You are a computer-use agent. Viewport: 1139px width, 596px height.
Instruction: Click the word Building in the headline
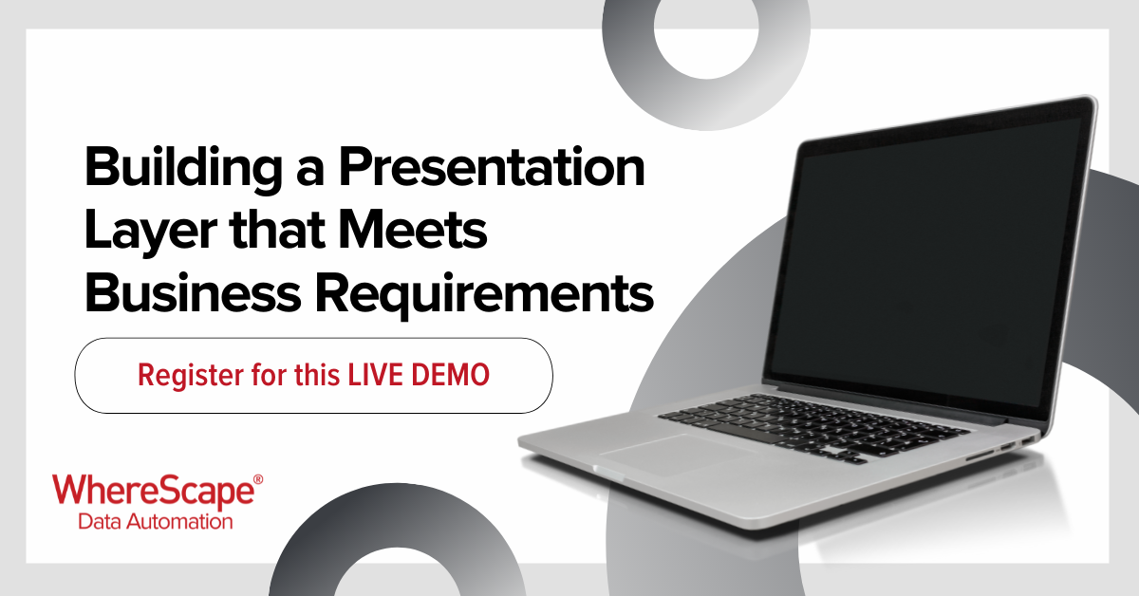tap(183, 169)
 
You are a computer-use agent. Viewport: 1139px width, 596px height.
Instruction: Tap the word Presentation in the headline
tap(492, 167)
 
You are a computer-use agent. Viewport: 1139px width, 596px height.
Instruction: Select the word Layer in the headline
tap(151, 232)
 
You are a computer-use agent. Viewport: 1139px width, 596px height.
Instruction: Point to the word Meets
tap(412, 230)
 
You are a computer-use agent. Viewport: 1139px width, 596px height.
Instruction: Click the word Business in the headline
tap(193, 293)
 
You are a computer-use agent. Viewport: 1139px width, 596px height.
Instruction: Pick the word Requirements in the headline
tap(484, 296)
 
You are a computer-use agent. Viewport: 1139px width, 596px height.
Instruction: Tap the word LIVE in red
tap(375, 375)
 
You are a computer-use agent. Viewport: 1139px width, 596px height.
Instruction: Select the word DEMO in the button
tap(450, 375)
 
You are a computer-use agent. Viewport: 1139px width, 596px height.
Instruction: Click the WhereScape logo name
tap(154, 491)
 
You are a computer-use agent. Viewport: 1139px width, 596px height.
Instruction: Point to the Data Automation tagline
tap(155, 522)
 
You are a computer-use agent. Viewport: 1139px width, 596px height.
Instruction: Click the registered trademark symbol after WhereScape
tap(258, 479)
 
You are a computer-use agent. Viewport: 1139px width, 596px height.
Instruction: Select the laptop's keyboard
tap(813, 428)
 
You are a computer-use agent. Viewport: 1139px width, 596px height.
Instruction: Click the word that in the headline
tap(277, 230)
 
